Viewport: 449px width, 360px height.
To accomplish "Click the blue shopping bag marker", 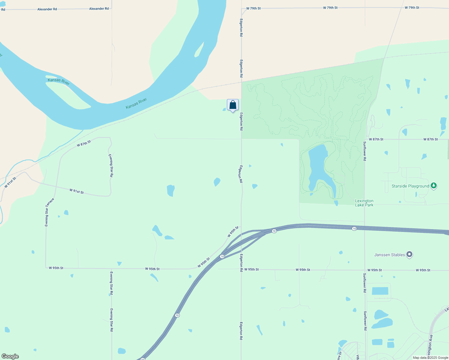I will [233, 105].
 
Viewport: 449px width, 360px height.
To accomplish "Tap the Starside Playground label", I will [410, 186].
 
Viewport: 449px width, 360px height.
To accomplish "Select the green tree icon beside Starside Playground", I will [433, 186].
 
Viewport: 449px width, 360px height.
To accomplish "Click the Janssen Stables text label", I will [390, 255].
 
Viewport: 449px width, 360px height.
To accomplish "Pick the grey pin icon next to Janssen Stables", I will [409, 255].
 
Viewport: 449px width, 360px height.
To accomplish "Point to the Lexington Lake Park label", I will [364, 203].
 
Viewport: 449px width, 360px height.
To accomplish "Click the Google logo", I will [10, 356].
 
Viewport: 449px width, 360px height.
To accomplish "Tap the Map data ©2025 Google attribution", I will [430, 358].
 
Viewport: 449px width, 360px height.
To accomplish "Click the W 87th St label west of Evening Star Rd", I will [84, 143].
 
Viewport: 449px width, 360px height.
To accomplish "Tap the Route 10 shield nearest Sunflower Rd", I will [354, 229].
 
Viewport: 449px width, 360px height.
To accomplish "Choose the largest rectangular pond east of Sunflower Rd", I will [380, 291].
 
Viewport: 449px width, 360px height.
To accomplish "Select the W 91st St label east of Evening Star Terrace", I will [77, 191].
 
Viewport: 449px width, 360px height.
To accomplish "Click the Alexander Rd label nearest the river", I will [99, 9].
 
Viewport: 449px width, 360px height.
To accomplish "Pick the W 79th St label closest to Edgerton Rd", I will [253, 8].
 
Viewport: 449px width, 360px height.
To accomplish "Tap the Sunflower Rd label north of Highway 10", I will [365, 151].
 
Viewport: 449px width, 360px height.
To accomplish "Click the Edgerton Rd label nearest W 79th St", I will [241, 28].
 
